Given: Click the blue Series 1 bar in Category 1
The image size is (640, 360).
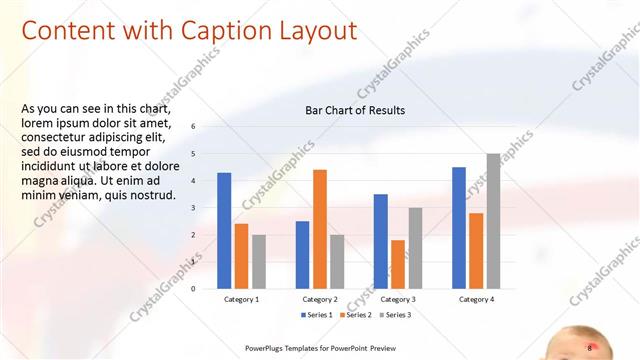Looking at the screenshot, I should (224, 231).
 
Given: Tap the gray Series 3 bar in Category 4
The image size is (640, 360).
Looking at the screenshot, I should (494, 221).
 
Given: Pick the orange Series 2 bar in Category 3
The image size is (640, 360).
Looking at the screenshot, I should (398, 264).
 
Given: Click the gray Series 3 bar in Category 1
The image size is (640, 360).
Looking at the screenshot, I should (259, 262).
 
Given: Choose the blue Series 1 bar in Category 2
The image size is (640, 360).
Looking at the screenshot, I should (302, 255).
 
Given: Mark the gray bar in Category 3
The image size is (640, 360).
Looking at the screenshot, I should (415, 248).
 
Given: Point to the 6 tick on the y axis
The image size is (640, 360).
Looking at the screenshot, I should (193, 127).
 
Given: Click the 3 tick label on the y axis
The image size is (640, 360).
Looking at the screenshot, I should (193, 208).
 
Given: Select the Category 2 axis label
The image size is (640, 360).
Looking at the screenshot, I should (320, 299).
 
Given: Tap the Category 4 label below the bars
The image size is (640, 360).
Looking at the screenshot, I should (476, 299).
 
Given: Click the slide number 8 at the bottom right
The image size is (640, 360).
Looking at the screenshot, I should (590, 347).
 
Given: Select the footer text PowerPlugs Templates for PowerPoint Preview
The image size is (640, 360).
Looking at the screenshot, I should (321, 348).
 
